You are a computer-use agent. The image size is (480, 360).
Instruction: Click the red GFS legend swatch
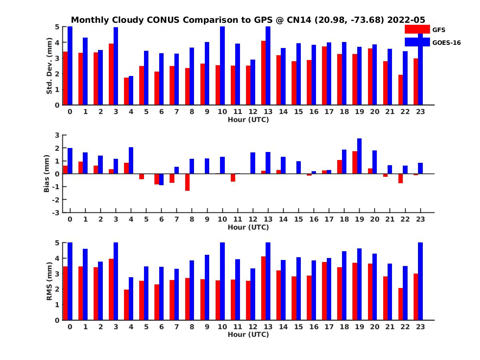417,29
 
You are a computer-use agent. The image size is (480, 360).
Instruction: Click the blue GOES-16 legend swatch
417,42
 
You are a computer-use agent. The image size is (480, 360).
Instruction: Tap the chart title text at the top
248,20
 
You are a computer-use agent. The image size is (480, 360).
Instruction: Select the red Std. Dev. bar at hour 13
263,73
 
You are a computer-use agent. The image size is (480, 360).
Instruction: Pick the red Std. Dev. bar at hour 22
400,90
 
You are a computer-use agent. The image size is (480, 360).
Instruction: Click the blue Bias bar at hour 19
360,156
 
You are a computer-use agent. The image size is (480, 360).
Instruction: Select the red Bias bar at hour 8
187,182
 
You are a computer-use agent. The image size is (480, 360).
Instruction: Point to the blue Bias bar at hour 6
161,180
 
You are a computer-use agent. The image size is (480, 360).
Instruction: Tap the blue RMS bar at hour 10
222,281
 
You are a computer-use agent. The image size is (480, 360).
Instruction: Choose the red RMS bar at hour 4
126,305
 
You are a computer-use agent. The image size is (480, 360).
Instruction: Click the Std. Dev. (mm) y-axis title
49,66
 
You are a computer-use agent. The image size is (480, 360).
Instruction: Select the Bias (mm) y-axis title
46,174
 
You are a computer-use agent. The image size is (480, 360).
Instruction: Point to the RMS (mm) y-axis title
49,281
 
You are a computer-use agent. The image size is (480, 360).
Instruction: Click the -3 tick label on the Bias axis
56,212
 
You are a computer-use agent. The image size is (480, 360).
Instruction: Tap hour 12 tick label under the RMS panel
253,327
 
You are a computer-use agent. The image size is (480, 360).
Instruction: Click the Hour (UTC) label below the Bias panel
248,227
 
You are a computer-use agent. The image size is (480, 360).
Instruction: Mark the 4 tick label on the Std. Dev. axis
57,42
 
